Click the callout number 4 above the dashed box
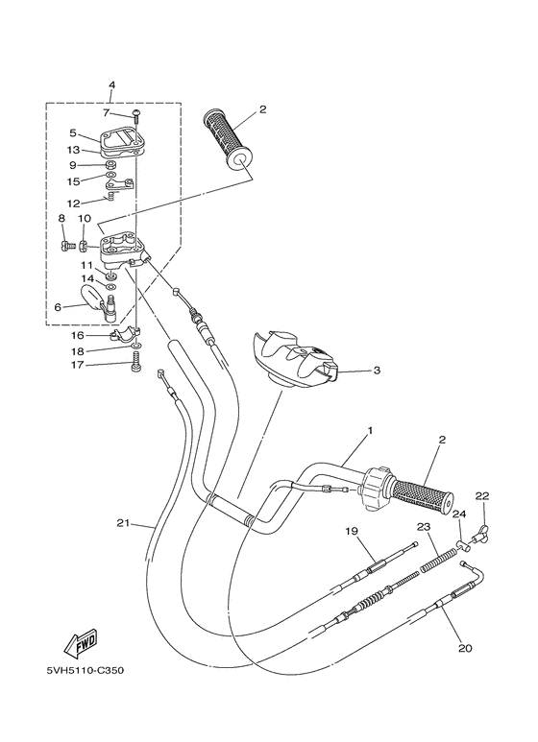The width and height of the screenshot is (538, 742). (111, 85)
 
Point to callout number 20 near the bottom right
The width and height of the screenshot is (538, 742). (465, 648)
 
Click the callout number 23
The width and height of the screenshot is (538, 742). (423, 527)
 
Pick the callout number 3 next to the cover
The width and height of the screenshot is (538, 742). (377, 370)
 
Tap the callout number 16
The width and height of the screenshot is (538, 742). (78, 336)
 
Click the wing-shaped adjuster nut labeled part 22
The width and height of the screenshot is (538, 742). (479, 528)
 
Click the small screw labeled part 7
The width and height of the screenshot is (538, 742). (137, 115)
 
